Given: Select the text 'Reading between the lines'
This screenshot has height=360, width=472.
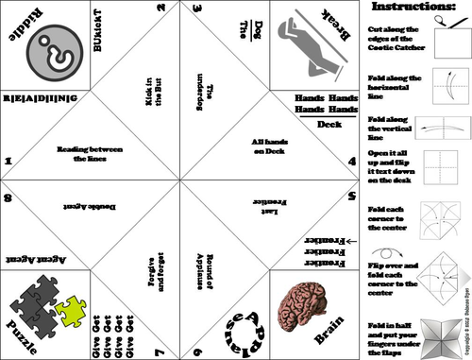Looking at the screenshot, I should (90, 151).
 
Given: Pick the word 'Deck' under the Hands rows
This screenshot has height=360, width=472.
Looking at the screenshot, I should (330, 124).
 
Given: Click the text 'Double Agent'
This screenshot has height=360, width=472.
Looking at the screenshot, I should (86, 202).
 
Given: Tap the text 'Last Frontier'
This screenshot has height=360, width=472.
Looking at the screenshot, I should (268, 201).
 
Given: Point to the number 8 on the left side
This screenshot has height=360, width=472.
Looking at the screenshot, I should (8, 198).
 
